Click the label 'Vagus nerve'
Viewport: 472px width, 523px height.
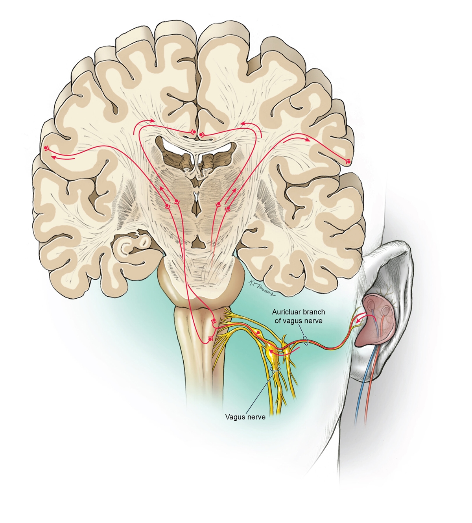(245, 417)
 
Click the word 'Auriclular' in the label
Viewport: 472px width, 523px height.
(286, 312)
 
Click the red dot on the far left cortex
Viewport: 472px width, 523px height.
(46, 148)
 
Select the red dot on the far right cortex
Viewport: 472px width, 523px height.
(348, 161)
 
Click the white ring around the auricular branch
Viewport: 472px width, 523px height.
(306, 340)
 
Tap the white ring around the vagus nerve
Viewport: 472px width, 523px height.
(276, 369)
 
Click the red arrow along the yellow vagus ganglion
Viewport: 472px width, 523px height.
(281, 353)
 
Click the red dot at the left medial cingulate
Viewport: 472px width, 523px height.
(193, 131)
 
